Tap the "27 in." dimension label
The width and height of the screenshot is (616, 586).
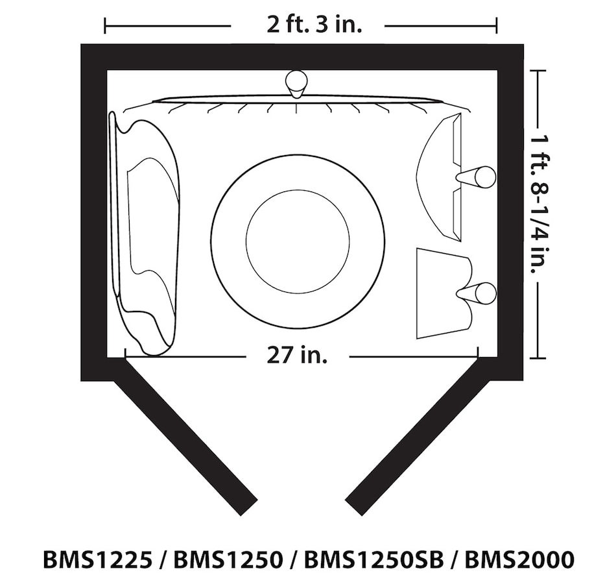point(297,356)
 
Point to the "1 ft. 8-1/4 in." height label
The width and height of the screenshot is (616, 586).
point(539,204)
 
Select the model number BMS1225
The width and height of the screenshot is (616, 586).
point(97,559)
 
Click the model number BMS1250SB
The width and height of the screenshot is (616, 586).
point(373,559)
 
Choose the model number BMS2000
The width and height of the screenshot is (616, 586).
point(519,559)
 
